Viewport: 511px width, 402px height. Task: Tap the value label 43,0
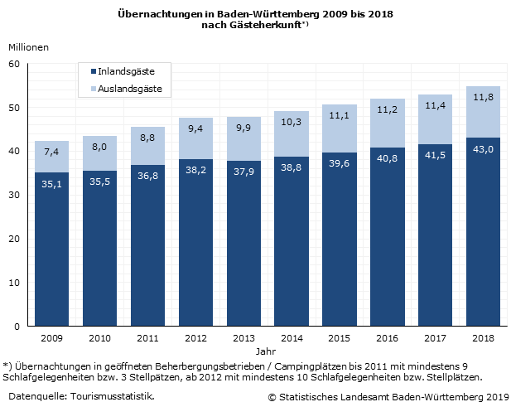[483, 148]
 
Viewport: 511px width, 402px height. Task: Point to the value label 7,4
[51, 153]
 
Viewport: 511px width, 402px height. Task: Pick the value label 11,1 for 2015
[339, 116]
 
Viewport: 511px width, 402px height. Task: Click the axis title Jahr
[267, 351]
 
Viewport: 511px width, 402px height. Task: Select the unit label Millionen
[29, 47]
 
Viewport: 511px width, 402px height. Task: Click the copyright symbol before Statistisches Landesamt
[272, 396]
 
